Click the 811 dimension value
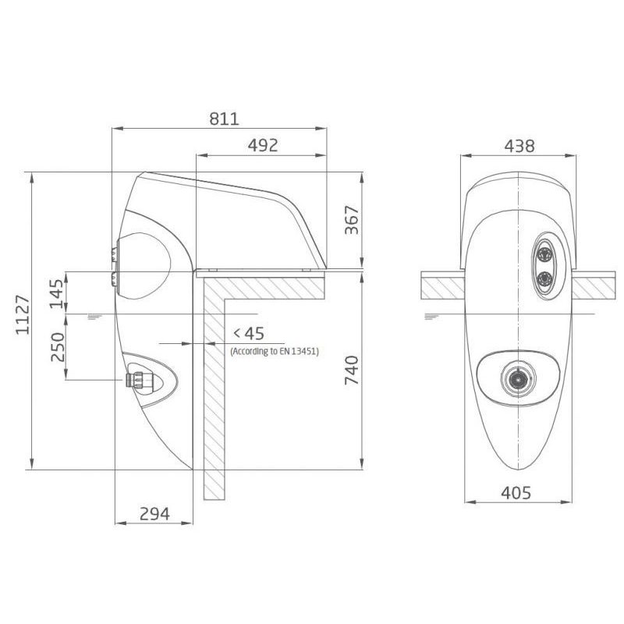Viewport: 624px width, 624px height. tap(225, 119)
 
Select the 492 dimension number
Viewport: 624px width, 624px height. tap(263, 146)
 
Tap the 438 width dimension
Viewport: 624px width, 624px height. tap(519, 146)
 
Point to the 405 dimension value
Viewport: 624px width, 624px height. tap(516, 493)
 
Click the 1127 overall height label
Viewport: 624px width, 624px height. tap(23, 315)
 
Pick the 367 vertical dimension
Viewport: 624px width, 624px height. tap(352, 220)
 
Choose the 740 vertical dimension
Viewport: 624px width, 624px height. tap(352, 370)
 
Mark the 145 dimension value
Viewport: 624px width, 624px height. tap(57, 294)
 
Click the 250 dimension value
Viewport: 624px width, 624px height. tap(58, 347)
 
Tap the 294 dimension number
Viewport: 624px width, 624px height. tap(154, 514)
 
